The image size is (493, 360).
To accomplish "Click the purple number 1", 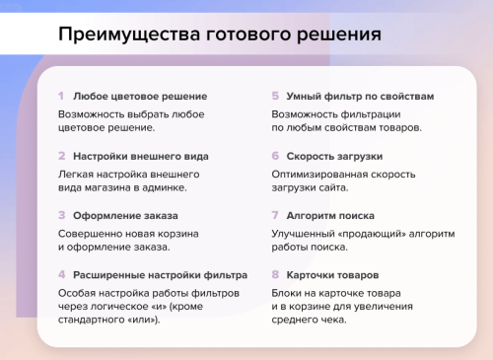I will pos(61,96).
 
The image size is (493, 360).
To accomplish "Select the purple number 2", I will pos(61,155).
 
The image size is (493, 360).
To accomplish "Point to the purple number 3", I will pos(61,214).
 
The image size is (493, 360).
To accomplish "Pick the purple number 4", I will pos(61,274).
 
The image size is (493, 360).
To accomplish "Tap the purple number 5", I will pos(275,96).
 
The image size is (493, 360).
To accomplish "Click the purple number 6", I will pos(275,155).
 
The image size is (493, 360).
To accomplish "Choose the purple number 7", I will pos(275,214).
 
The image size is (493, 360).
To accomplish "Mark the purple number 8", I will pos(275,274).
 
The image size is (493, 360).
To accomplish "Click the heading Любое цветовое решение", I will pos(140,97).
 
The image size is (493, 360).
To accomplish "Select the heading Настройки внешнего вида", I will pos(139,156).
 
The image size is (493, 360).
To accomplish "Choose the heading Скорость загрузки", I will pos(334,156).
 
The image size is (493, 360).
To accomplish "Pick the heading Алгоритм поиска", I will pos(330,215).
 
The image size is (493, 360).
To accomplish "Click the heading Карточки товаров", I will pos(331,275).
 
